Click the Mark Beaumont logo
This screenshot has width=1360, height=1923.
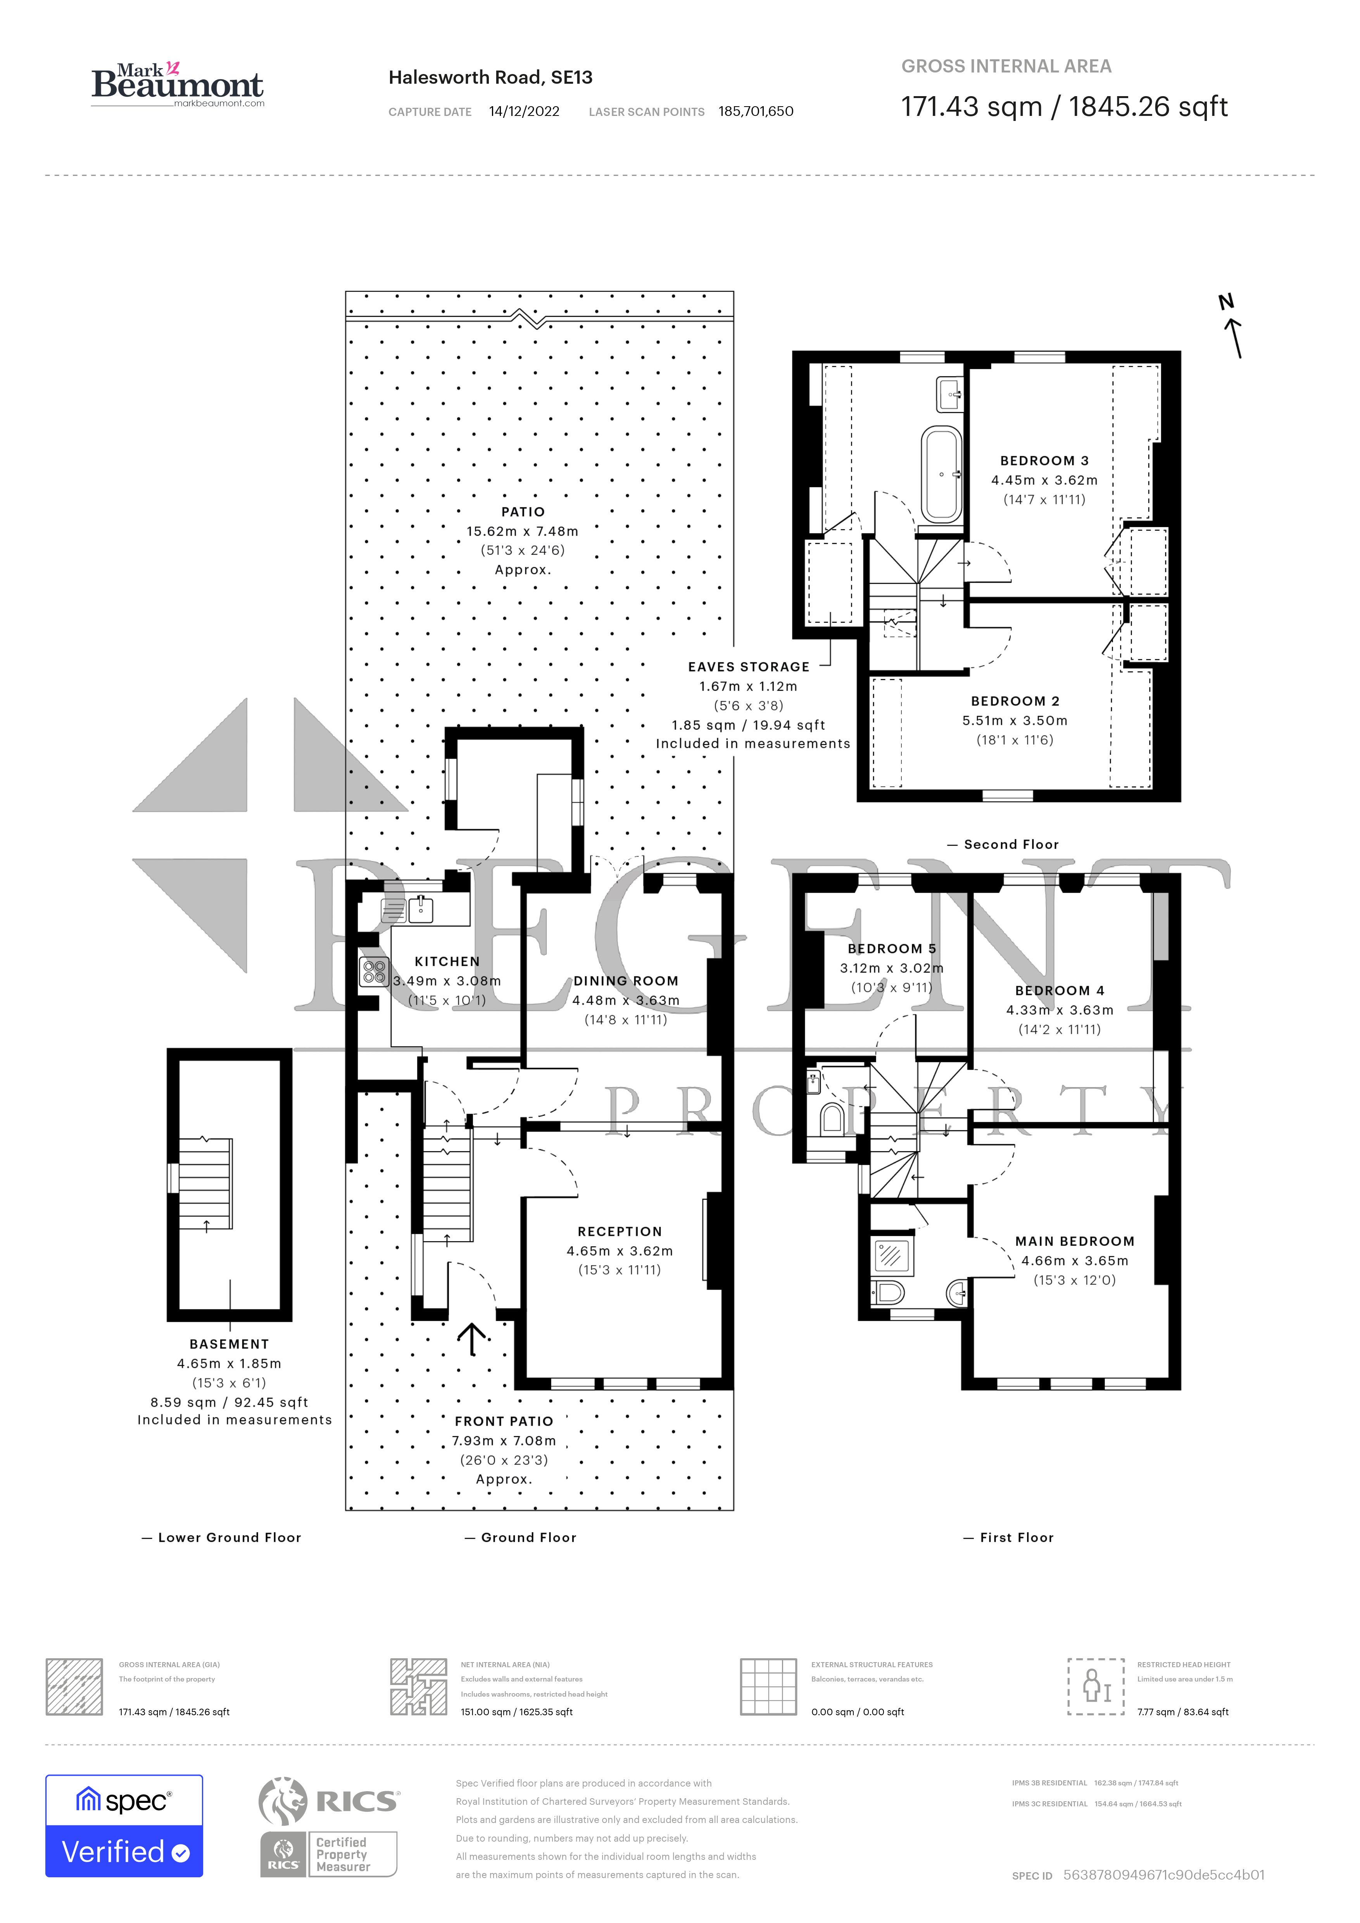[178, 84]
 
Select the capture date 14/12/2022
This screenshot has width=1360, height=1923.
[524, 111]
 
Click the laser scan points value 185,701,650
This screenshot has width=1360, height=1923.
[755, 111]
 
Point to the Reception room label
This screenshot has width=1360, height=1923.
[620, 1231]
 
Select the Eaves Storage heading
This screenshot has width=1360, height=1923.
[749, 667]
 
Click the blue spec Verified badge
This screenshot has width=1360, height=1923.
[124, 1826]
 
